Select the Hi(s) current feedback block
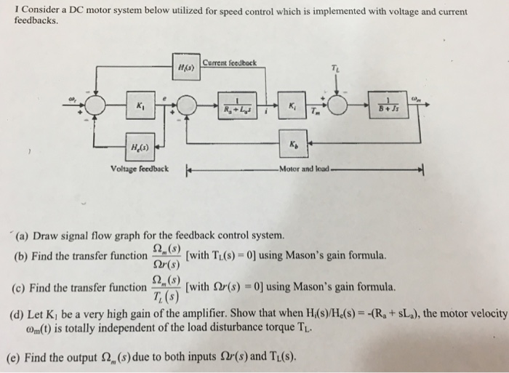click(184, 65)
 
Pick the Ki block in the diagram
click(292, 107)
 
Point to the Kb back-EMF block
click(292, 145)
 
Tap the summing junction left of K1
click(95, 107)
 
